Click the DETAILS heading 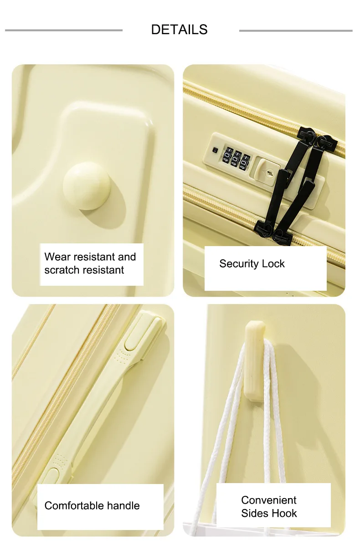click(179, 30)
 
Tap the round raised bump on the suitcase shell click(87, 185)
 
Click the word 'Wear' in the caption click(57, 257)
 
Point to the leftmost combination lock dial click(227, 156)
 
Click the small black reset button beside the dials click(216, 150)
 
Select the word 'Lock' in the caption click(273, 264)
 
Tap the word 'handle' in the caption click(123, 506)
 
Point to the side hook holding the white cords click(255, 361)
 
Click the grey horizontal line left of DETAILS click(64, 30)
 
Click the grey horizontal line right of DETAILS click(296, 31)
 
